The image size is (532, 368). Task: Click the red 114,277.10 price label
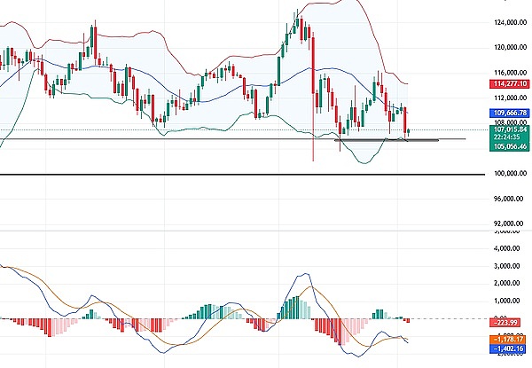pyautogui.click(x=509, y=84)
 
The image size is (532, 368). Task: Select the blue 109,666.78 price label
pyautogui.click(x=509, y=113)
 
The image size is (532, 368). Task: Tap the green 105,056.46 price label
pyautogui.click(x=509, y=146)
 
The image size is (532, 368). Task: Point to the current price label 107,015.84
pyautogui.click(x=509, y=129)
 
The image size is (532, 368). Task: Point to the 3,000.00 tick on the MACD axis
pyautogui.click(x=512, y=266)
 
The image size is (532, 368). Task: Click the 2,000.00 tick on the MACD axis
pyautogui.click(x=512, y=284)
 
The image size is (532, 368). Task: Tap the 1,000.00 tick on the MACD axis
pyautogui.click(x=512, y=301)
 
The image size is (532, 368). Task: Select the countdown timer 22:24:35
pyautogui.click(x=509, y=137)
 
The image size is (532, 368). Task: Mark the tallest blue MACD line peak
pyautogui.click(x=298, y=274)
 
